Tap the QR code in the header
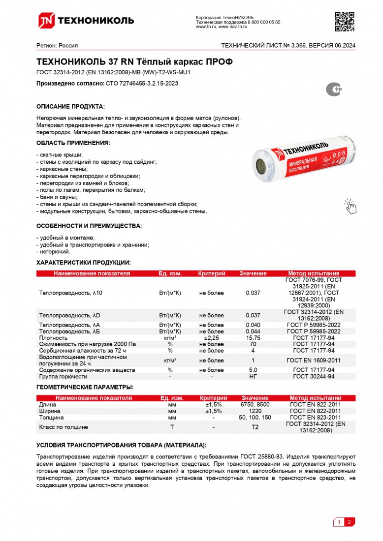pyautogui.click(x=344, y=21)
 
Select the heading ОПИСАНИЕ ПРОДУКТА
pyautogui.click(x=70, y=107)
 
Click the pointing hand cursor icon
pyautogui.click(x=350, y=206)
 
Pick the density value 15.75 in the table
pyautogui.click(x=253, y=338)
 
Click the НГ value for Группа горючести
pyautogui.click(x=253, y=376)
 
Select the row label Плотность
pyautogui.click(x=53, y=338)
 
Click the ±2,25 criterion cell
pyautogui.click(x=211, y=338)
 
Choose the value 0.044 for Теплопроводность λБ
pyautogui.click(x=253, y=331)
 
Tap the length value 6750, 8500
pyautogui.click(x=255, y=404)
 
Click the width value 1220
pyautogui.click(x=255, y=411)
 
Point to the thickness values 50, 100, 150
pyautogui.click(x=255, y=417)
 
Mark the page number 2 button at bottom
pyautogui.click(x=349, y=522)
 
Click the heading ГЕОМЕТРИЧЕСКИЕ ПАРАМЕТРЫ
pyautogui.click(x=85, y=388)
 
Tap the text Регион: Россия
pyautogui.click(x=57, y=45)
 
